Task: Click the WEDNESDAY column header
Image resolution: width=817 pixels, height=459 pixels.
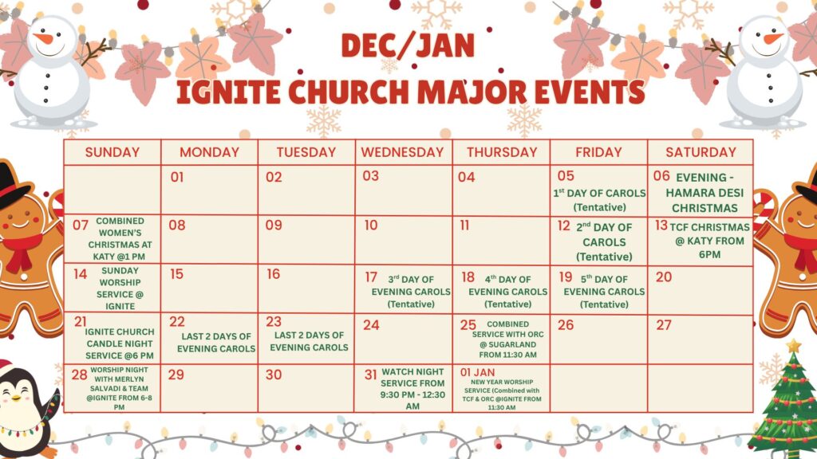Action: click(x=402, y=152)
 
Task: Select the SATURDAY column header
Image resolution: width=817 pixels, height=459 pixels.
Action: click(x=701, y=152)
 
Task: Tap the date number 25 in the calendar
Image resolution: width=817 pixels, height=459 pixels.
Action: click(x=468, y=325)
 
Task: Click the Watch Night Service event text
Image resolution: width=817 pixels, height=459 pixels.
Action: click(x=412, y=389)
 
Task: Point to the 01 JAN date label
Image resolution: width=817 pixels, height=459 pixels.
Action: click(x=477, y=373)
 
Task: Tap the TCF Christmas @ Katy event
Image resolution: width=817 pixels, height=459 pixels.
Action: click(x=709, y=241)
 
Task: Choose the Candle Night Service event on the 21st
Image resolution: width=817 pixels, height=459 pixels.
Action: click(x=120, y=343)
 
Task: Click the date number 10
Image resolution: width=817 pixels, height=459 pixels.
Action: click(x=371, y=226)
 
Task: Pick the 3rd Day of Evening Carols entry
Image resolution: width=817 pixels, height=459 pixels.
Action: click(x=411, y=292)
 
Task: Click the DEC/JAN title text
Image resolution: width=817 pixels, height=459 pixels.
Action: click(x=408, y=45)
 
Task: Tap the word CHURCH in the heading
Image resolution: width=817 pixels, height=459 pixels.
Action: click(x=349, y=92)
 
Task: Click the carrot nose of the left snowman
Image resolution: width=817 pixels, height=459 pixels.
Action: click(x=45, y=38)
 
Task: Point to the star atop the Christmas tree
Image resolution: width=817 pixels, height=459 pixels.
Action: click(x=794, y=345)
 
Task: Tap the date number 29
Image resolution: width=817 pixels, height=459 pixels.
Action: click(x=176, y=375)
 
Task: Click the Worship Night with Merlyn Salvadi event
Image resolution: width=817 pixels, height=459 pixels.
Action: click(x=120, y=388)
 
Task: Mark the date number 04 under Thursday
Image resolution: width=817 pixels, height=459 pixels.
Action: click(x=466, y=178)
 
